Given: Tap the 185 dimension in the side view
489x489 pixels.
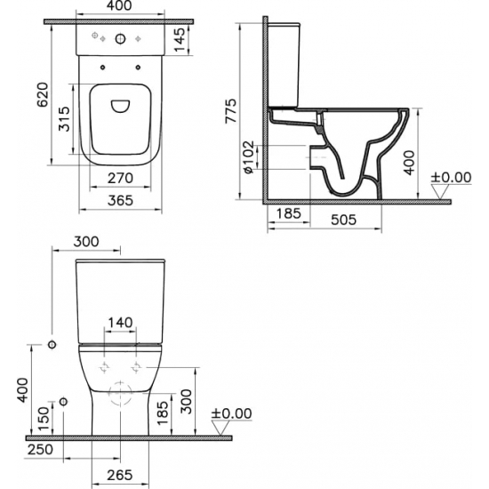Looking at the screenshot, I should coord(286,214).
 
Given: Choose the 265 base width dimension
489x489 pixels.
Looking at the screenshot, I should coord(122,473).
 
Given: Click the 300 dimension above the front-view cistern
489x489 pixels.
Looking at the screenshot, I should coord(87,242).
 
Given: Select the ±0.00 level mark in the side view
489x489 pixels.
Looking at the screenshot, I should coord(450,178).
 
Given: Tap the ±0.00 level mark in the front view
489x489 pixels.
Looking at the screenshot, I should coord(231,414).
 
